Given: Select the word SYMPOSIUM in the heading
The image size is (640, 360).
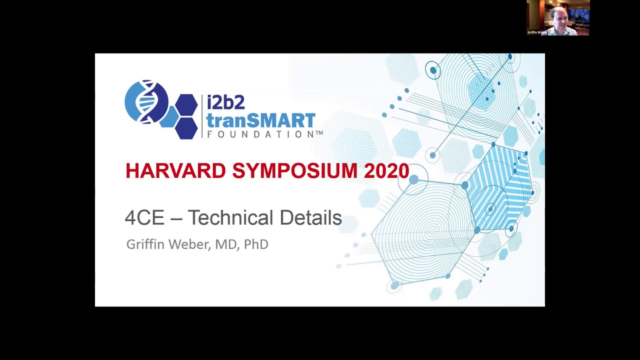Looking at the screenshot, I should pyautogui.click(x=295, y=171).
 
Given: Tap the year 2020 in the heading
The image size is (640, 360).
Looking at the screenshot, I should pyautogui.click(x=386, y=171).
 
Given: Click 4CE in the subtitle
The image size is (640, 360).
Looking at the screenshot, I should pyautogui.click(x=144, y=218).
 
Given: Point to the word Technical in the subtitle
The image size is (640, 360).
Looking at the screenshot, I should pyautogui.click(x=230, y=218).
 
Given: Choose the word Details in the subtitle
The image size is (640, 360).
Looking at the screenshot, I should pyautogui.click(x=310, y=218).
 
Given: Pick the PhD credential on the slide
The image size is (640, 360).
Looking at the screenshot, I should pyautogui.click(x=256, y=244).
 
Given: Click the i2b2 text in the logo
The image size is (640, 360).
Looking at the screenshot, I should pyautogui.click(x=225, y=102).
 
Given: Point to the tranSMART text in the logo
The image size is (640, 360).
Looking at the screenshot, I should pyautogui.click(x=260, y=120).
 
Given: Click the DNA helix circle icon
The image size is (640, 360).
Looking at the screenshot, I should pyautogui.click(x=146, y=101).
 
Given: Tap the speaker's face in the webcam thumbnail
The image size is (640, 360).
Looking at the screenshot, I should pyautogui.click(x=559, y=16).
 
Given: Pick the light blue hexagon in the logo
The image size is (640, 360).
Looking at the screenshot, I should pyautogui.click(x=169, y=116).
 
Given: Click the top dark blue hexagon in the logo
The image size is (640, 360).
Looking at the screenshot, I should pyautogui.click(x=186, y=104).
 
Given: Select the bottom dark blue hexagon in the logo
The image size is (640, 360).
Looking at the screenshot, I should pyautogui.click(x=186, y=128).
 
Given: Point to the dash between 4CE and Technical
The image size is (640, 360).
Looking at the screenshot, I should pyautogui.click(x=175, y=218).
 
